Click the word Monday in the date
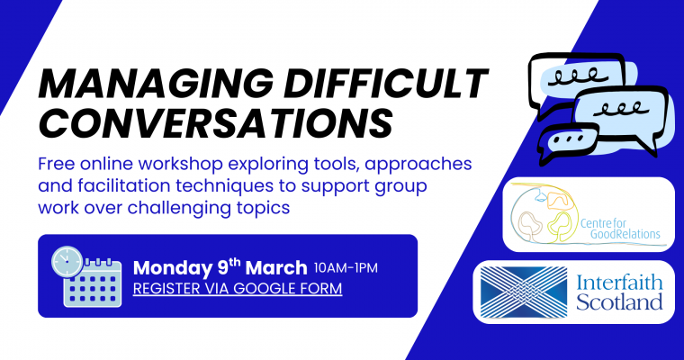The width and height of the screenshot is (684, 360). point(172,268)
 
